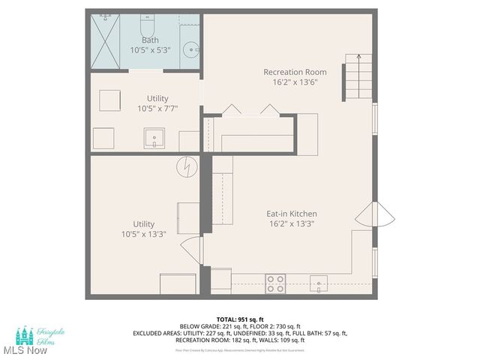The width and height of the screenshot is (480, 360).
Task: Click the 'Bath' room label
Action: (151, 40)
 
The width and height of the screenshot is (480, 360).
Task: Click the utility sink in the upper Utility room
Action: (156, 137)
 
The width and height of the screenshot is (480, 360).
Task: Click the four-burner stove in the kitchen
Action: (276, 283)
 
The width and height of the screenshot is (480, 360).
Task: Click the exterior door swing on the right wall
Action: (382, 216)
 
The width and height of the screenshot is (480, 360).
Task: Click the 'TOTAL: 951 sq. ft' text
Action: (239, 319)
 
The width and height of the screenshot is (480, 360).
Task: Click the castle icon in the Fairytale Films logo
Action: (26, 332)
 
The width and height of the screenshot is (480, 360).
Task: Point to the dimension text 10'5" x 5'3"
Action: (151, 49)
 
